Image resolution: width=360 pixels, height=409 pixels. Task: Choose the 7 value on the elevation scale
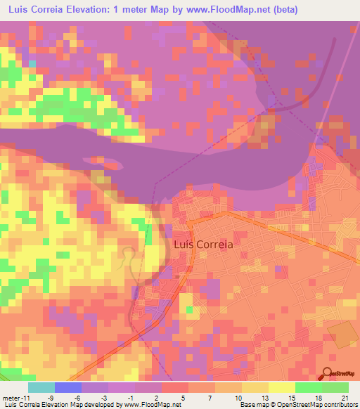210,396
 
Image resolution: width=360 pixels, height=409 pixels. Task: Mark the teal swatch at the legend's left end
41,387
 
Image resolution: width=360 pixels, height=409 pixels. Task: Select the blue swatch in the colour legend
67,387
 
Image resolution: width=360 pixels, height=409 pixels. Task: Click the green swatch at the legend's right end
335,387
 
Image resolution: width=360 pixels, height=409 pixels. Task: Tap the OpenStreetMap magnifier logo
328,375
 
